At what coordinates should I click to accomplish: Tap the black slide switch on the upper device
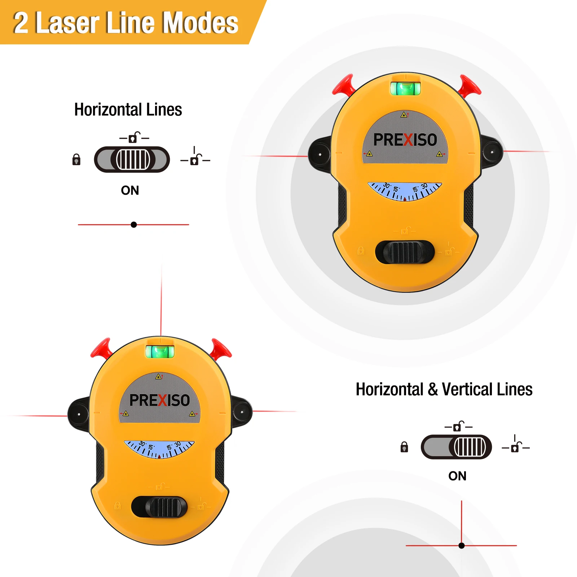click(x=405, y=252)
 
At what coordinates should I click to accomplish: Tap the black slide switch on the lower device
click(x=159, y=507)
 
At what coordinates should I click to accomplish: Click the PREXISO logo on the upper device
click(x=405, y=140)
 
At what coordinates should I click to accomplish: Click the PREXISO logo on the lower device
click(x=160, y=400)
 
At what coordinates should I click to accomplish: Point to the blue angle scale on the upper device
click(x=405, y=191)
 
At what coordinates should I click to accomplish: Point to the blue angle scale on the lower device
click(x=159, y=449)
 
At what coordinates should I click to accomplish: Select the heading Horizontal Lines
click(x=128, y=110)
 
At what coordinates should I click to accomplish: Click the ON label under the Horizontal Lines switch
click(x=130, y=190)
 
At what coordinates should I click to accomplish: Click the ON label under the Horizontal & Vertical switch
click(x=457, y=476)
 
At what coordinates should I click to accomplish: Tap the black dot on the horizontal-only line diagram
click(x=134, y=225)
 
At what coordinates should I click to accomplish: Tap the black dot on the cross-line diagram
click(x=462, y=546)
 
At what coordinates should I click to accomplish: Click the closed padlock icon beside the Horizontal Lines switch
click(x=76, y=159)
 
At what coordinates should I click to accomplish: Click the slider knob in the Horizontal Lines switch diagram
click(x=133, y=159)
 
